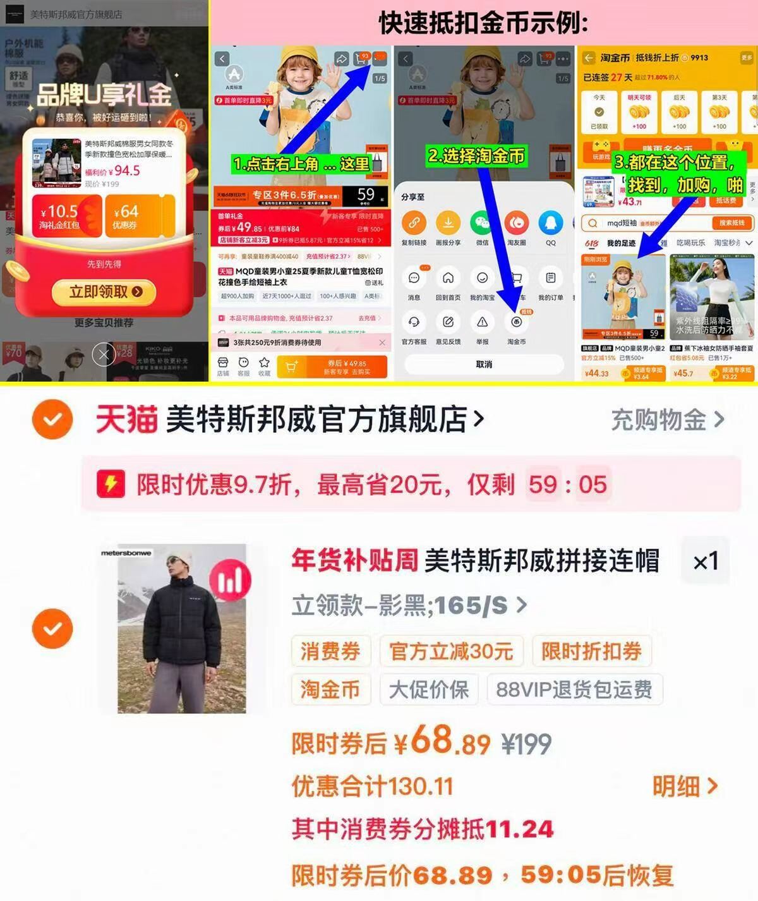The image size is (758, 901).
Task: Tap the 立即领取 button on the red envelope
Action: coord(105,292)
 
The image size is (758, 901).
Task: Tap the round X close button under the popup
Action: coord(104,355)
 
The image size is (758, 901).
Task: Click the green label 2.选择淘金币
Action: coord(476,155)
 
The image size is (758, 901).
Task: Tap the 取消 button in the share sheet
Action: coord(484,364)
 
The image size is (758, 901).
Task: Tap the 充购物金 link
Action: coord(667,420)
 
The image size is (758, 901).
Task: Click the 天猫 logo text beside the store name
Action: coord(126,420)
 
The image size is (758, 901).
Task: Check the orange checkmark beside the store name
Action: coord(52,420)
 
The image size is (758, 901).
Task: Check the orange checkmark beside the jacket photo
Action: coord(52,629)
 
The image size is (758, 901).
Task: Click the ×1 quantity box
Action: coord(705,561)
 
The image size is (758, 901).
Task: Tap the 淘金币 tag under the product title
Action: coord(330,689)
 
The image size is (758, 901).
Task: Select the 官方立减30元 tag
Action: coord(451,651)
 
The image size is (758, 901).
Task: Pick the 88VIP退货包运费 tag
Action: coord(574,689)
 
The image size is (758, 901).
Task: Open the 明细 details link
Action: coord(685,787)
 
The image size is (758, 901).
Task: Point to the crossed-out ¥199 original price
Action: coord(526,744)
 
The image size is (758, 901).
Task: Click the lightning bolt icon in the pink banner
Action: coord(111,485)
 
